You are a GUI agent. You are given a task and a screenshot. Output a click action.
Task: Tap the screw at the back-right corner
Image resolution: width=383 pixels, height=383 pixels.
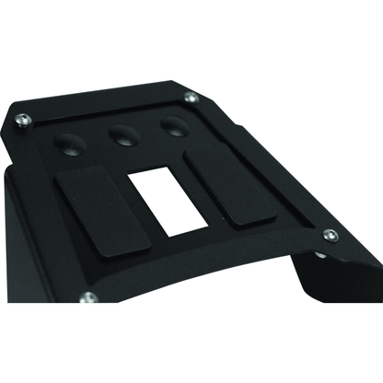(191, 97)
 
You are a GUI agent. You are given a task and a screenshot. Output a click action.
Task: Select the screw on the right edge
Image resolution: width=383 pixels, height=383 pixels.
(331, 236)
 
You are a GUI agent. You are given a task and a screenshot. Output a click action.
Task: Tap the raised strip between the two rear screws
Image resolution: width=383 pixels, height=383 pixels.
(106, 104)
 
